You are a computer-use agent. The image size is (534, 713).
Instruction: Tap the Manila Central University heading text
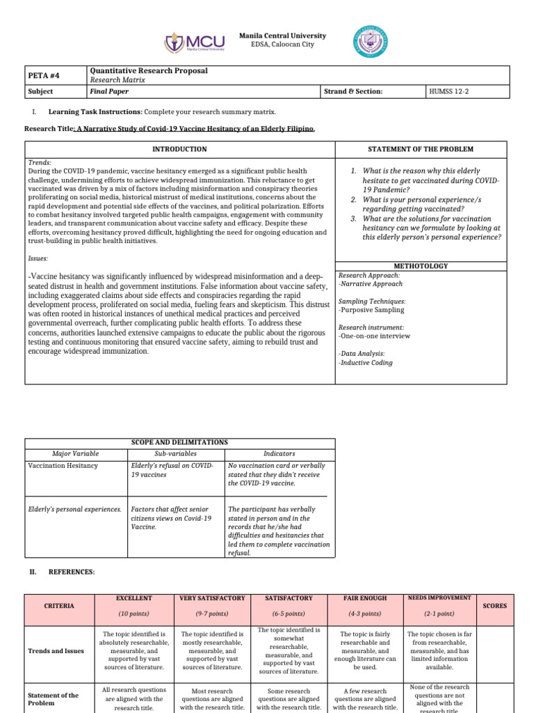282,36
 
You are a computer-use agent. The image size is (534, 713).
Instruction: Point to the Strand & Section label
353,91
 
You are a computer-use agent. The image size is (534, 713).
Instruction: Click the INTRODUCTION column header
179,149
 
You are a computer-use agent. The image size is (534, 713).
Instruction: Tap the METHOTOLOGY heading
421,266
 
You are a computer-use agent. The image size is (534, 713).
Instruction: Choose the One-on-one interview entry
374,336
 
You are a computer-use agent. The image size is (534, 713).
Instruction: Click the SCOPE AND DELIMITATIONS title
179,442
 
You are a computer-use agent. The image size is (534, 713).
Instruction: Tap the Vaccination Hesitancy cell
63,465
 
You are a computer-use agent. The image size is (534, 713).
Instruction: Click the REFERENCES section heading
71,572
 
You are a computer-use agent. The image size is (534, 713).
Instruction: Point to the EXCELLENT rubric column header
133,598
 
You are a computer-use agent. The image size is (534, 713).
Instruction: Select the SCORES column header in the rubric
495,606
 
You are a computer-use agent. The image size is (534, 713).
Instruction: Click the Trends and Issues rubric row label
57,651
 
